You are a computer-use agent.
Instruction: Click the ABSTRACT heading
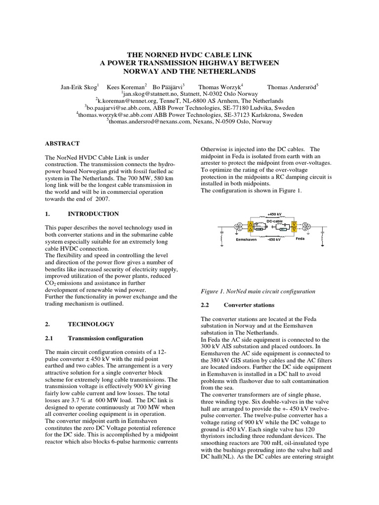pos(62,144)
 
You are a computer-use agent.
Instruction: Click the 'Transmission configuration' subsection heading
pos(105,338)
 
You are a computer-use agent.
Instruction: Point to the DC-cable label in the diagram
pos(274,221)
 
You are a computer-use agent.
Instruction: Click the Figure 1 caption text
pos(258,291)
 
